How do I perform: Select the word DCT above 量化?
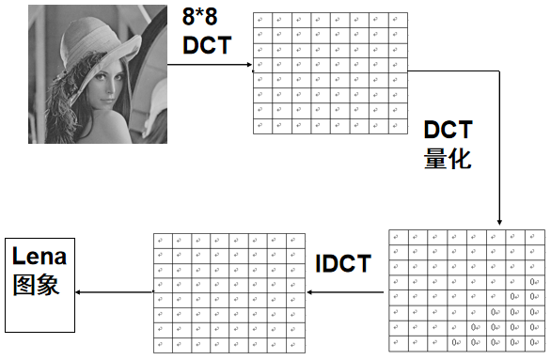[x=448, y=129]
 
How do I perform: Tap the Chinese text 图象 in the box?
[x=37, y=284]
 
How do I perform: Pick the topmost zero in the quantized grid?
[x=532, y=281]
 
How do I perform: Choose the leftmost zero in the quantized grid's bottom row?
[x=456, y=342]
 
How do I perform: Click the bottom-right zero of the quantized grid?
[x=532, y=342]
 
